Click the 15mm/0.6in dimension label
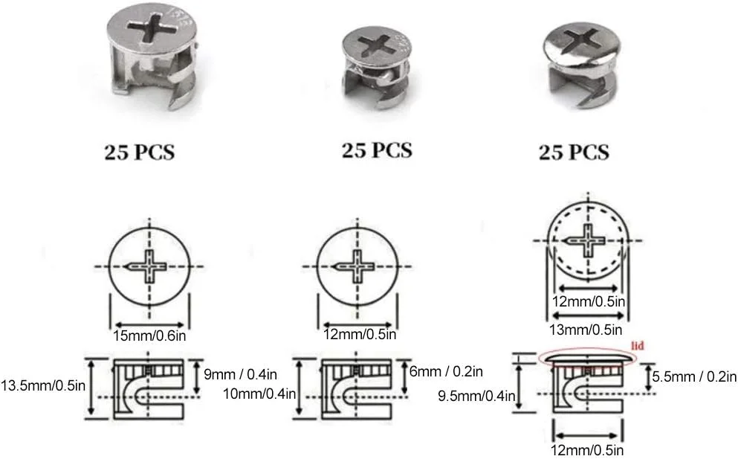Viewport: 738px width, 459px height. click(x=149, y=336)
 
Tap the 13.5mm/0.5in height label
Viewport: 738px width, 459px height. click(x=43, y=385)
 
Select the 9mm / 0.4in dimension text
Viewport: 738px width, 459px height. click(x=241, y=375)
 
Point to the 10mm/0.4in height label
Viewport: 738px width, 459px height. click(x=259, y=394)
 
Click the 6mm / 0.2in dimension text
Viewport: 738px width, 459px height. click(x=446, y=371)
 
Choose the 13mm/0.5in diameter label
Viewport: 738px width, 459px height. click(x=586, y=330)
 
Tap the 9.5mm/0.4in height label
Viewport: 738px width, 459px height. click(x=476, y=396)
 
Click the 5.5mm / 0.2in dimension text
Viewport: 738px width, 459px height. click(x=694, y=377)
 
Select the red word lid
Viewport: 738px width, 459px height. click(x=638, y=346)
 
